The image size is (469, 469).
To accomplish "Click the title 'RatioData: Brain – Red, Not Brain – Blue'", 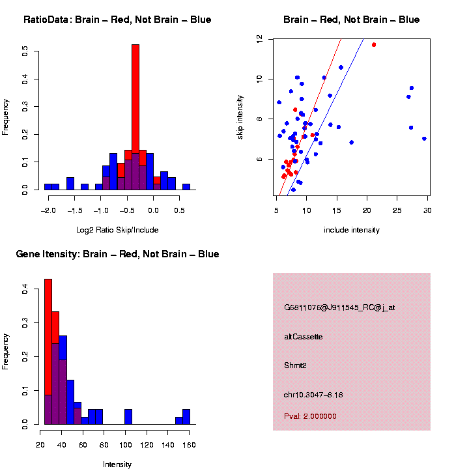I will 117,20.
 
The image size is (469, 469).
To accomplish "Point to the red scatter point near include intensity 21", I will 374,45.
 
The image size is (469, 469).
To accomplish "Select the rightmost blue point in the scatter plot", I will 424,139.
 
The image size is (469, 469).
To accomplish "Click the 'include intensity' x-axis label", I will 352,230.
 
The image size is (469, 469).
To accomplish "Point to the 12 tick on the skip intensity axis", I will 259,40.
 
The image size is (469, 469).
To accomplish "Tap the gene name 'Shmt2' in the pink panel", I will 295,365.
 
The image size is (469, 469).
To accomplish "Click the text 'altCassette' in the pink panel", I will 303,337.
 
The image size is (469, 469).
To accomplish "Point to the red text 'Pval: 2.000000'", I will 310,416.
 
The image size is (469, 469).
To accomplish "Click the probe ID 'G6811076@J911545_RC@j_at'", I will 339,307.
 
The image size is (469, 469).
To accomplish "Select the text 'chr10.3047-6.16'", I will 313,395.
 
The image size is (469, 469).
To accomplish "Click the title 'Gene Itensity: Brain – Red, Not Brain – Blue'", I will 117,254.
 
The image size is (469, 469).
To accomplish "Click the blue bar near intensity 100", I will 128,417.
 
